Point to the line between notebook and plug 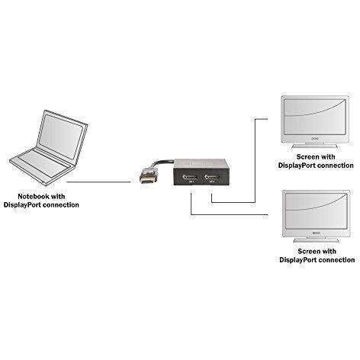click(98, 182)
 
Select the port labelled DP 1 click(189, 177)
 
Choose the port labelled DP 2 click(212, 177)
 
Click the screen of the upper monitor click(315, 117)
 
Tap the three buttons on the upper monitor click(315, 139)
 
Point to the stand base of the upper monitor click(315, 146)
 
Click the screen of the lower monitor click(316, 211)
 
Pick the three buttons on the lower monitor click(316, 233)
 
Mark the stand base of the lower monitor click(316, 240)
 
